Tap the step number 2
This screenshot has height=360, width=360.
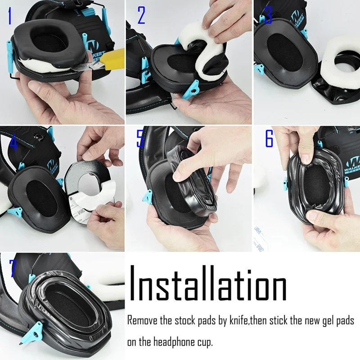pyautogui.click(x=141, y=16)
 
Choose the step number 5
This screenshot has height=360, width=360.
pyautogui.click(x=140, y=139)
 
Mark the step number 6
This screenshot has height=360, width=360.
pyautogui.click(x=269, y=139)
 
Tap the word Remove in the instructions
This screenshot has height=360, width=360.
pyautogui.click(x=143, y=321)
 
